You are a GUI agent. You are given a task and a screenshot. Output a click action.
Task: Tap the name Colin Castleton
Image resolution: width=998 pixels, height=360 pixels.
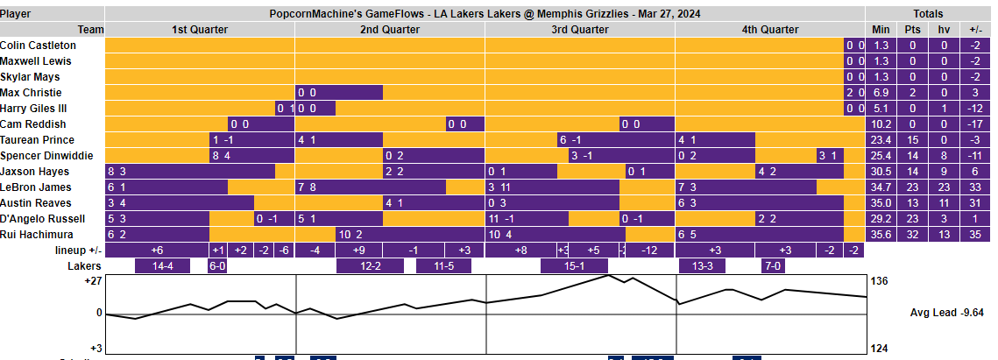click(x=38, y=46)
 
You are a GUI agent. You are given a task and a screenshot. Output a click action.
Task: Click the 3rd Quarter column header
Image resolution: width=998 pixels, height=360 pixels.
click(x=580, y=30)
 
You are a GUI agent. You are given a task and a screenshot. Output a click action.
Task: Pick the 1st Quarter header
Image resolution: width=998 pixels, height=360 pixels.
click(x=200, y=30)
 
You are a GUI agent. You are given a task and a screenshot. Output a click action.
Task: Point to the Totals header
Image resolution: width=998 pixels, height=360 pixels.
click(x=928, y=14)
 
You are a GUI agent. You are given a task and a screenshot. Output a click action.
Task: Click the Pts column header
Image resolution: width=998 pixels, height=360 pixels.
click(x=913, y=30)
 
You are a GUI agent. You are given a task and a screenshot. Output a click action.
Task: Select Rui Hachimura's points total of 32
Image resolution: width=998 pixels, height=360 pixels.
click(x=913, y=235)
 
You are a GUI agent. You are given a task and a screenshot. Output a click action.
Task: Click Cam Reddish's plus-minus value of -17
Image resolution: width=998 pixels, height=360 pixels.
click(x=975, y=124)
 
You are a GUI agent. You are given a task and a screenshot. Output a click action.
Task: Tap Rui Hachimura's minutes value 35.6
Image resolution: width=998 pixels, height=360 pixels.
click(x=881, y=235)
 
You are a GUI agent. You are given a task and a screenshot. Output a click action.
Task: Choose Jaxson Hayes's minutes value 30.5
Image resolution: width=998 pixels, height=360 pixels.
click(x=881, y=172)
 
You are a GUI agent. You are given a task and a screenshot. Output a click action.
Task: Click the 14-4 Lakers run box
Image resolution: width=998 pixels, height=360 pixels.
click(x=163, y=266)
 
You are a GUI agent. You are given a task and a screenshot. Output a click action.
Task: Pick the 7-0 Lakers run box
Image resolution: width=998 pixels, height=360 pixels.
click(x=774, y=266)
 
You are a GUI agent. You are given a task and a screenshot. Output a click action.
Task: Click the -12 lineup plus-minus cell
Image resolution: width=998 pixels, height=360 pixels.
click(x=649, y=251)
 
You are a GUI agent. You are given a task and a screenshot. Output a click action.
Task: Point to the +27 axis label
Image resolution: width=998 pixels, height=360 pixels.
click(x=92, y=281)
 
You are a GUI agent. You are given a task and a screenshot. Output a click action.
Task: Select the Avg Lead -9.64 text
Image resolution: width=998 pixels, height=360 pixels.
click(x=947, y=312)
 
